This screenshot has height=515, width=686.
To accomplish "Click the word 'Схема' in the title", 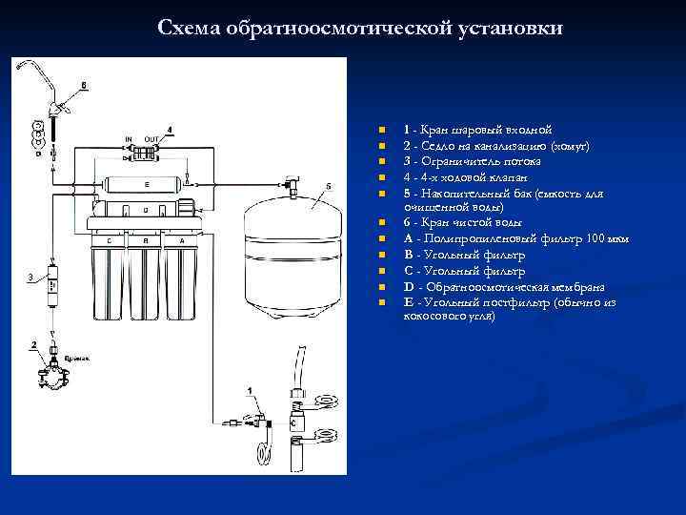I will pyautogui.click(x=189, y=28).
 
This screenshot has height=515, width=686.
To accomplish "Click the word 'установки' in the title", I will pyautogui.click(x=514, y=28).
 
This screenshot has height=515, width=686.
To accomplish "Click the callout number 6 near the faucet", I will pyautogui.click(x=84, y=85).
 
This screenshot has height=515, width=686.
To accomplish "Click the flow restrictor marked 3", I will pyautogui.click(x=50, y=285).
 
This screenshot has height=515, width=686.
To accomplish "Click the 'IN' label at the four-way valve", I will pyautogui.click(x=129, y=139).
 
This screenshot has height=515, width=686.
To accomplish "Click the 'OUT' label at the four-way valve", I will pyautogui.click(x=150, y=139).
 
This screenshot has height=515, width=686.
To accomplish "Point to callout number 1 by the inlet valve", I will pyautogui.click(x=250, y=391).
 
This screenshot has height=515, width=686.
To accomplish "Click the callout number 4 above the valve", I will pyautogui.click(x=170, y=129).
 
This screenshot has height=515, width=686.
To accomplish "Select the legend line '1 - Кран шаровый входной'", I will pyautogui.click(x=476, y=130).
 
